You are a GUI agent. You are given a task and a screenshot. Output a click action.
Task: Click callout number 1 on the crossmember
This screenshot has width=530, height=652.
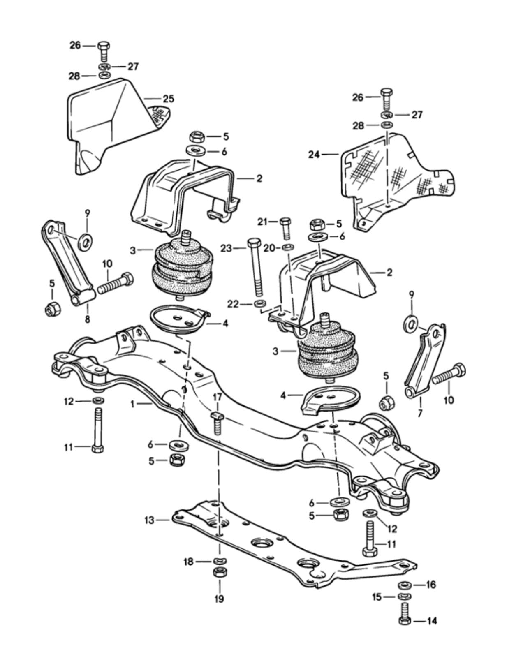click(x=132, y=404)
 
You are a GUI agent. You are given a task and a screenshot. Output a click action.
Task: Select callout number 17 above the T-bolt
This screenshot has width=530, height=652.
click(x=218, y=397)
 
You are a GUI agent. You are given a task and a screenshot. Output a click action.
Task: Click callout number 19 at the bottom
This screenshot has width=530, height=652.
click(x=219, y=599)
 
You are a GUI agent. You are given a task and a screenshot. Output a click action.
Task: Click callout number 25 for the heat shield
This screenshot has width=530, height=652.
click(x=168, y=99)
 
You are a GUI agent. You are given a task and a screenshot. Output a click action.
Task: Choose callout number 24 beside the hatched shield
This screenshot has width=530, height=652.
click(x=314, y=155)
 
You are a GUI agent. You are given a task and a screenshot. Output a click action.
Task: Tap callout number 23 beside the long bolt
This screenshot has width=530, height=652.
click(x=226, y=248)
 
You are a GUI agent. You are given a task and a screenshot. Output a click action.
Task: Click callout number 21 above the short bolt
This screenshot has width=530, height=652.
click(x=263, y=222)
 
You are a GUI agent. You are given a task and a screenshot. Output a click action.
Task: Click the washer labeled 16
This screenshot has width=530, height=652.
click(x=405, y=585)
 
